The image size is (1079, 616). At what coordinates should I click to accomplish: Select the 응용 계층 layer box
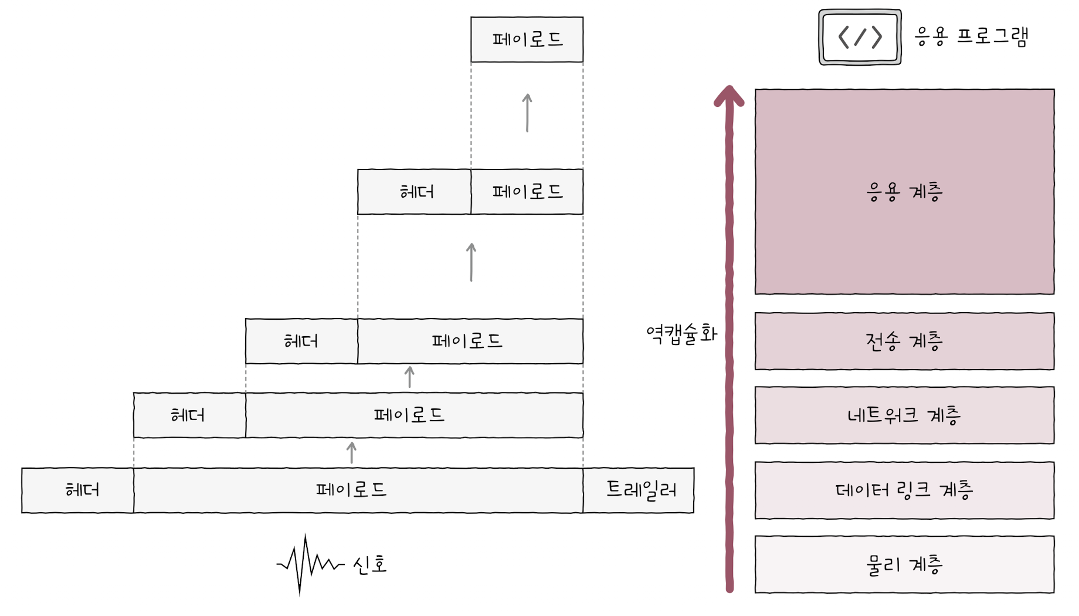click(x=904, y=192)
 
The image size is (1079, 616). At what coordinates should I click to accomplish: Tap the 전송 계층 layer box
click(x=904, y=341)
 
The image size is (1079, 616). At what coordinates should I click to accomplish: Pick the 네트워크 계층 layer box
click(x=904, y=415)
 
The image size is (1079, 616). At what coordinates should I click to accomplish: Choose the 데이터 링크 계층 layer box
click(x=904, y=490)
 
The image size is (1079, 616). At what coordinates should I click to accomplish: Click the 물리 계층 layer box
click(x=904, y=564)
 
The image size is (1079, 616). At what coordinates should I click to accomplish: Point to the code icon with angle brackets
click(x=860, y=37)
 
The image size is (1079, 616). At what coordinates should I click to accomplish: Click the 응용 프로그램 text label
click(x=971, y=36)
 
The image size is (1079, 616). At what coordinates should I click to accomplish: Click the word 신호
click(x=370, y=564)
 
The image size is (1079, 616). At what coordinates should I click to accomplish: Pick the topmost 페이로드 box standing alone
click(x=527, y=39)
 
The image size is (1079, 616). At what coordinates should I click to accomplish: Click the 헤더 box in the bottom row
click(x=78, y=490)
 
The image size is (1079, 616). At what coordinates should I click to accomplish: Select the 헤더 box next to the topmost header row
click(x=415, y=192)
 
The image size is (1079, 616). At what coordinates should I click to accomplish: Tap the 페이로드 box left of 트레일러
click(x=358, y=490)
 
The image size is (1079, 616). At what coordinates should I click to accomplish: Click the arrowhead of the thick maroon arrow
click(x=729, y=96)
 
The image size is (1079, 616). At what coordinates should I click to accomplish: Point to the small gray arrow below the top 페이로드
click(x=527, y=113)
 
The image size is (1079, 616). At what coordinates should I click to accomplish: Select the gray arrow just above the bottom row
click(x=351, y=453)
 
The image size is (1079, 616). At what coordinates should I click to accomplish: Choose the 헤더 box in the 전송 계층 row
click(x=301, y=341)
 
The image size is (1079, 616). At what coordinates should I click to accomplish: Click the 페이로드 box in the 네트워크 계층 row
click(x=414, y=415)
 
